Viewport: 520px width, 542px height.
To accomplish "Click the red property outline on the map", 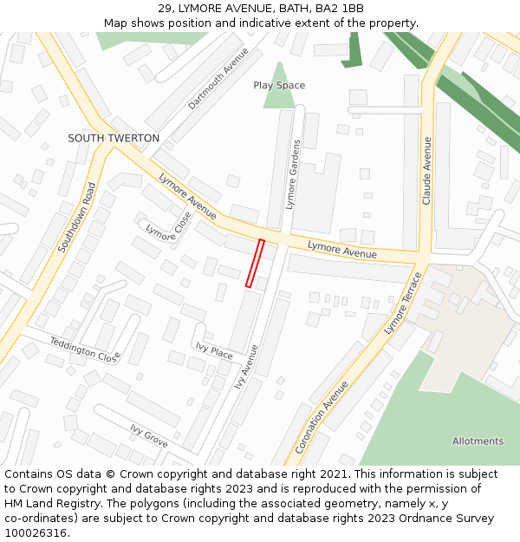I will coord(255,263).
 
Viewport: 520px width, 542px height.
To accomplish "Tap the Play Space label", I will coord(279,86).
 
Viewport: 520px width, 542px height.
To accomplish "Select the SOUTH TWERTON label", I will coord(114,139).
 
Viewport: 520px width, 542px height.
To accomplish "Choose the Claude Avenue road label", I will coord(426,170).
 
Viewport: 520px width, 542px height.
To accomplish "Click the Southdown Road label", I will coord(76,217).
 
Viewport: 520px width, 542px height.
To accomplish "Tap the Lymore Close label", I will coord(168,227).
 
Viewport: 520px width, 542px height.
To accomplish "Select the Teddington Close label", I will coord(84,349).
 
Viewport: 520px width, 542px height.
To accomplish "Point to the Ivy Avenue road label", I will coord(246,366).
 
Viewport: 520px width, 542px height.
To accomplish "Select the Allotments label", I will coord(478,441).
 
